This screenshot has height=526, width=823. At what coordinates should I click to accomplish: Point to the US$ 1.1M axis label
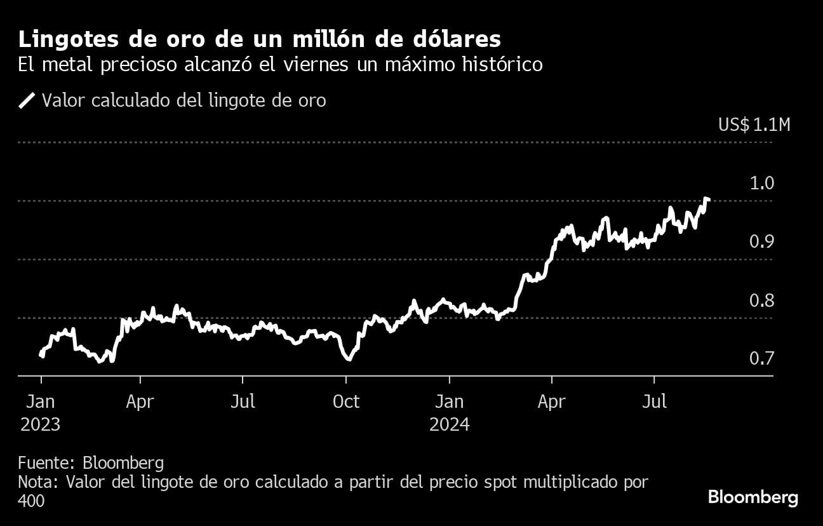(754, 125)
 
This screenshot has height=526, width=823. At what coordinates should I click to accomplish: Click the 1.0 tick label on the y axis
(761, 184)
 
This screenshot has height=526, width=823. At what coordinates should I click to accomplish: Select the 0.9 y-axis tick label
(761, 242)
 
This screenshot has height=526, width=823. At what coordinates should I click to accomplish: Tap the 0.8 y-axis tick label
(761, 300)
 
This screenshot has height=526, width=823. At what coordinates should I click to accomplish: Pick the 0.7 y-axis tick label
(761, 359)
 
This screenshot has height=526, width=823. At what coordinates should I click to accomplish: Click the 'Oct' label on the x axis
(346, 401)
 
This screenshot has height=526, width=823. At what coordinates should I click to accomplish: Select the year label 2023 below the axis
(40, 424)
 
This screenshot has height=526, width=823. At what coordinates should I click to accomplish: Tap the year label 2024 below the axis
(449, 424)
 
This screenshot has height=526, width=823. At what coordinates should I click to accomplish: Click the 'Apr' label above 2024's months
(552, 401)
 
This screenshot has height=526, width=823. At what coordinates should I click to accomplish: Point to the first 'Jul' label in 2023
(243, 401)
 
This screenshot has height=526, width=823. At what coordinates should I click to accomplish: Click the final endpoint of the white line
(708, 200)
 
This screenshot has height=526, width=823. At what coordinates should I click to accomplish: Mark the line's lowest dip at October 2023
(348, 360)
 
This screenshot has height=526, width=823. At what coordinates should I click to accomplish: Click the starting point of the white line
(42, 356)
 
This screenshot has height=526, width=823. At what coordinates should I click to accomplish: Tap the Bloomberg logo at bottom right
(753, 497)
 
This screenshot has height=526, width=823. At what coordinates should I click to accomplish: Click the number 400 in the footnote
(31, 501)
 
